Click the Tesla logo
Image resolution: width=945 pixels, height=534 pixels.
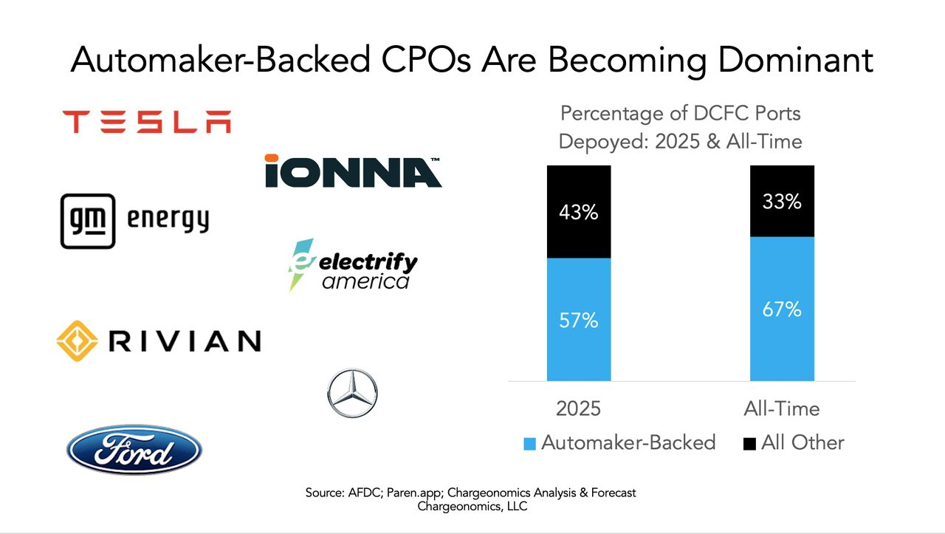point(146,122)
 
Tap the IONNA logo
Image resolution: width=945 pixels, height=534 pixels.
point(353,171)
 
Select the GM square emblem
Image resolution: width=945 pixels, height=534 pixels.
point(87,220)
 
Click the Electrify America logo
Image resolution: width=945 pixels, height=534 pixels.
point(353,265)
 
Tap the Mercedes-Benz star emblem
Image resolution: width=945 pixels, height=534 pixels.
point(351,394)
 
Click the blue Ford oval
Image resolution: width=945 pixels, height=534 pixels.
point(134,449)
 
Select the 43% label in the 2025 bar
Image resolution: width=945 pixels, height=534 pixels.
point(578,213)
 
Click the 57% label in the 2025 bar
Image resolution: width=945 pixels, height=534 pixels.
point(578,321)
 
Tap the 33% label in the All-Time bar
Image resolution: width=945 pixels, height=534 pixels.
point(782,201)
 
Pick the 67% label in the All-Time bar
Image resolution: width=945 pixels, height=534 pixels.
point(782,309)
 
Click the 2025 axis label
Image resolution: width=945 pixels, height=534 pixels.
point(578,408)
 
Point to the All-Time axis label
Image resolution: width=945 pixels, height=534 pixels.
point(782,408)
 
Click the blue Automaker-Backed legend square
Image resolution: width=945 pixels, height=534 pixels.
point(528,444)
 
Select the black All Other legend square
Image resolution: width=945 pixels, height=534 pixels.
point(749,444)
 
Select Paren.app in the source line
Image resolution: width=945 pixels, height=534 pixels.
point(409,492)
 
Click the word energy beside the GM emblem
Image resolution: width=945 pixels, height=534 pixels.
point(168,220)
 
